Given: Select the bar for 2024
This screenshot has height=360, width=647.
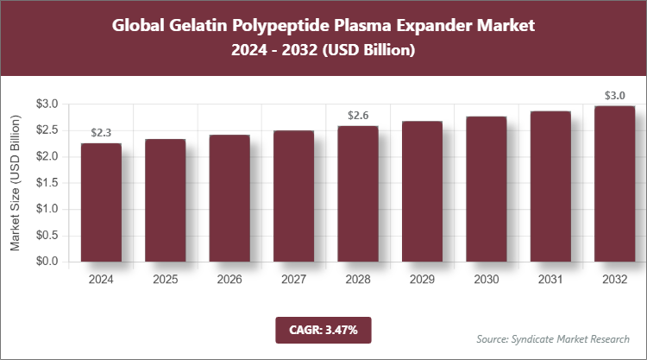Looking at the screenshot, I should point(101,202).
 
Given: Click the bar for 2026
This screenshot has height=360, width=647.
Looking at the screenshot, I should point(229,198).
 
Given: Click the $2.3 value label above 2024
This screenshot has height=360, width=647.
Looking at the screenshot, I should point(101,133).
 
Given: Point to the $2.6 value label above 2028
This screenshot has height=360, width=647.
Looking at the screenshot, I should point(358,115).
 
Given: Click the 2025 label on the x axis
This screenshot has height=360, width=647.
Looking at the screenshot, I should point(166,280).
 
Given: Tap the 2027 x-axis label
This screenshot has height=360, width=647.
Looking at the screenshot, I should point(294,280).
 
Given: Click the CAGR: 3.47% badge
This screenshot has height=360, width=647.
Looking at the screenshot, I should point(323,329).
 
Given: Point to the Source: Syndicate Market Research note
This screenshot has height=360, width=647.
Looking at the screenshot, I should point(553,338).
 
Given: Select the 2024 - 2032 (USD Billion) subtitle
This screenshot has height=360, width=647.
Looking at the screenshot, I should point(323,51).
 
